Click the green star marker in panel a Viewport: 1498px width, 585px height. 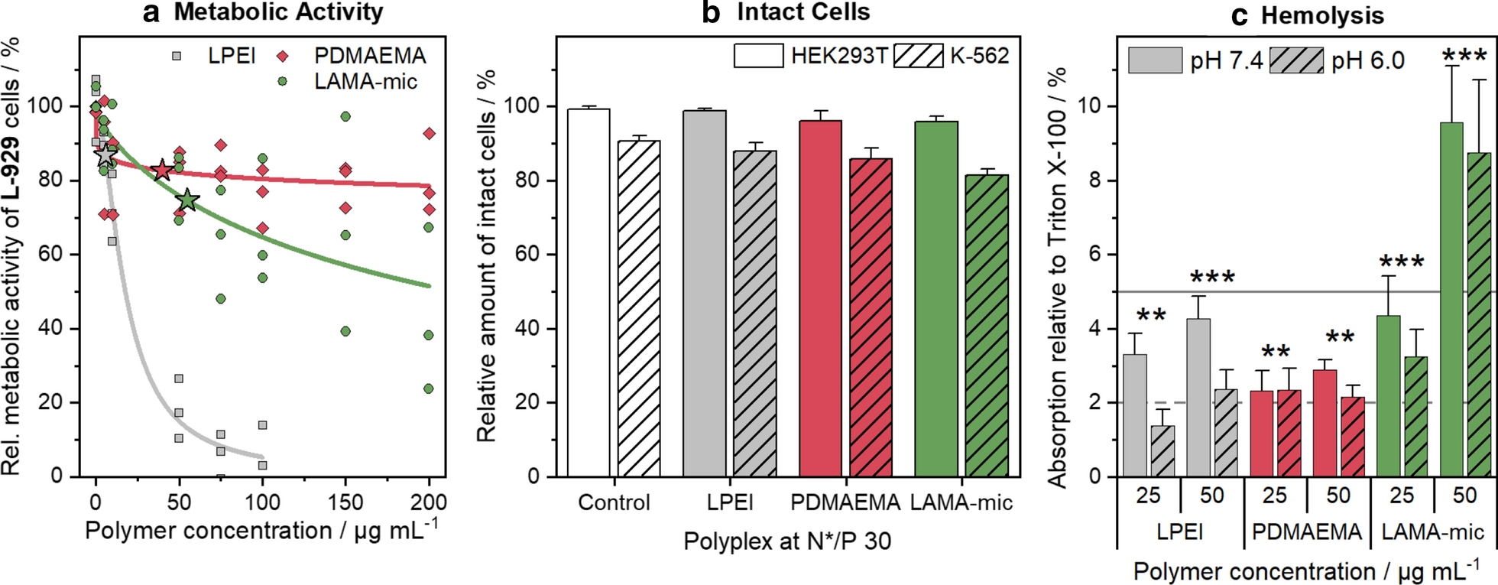pyautogui.click(x=187, y=201)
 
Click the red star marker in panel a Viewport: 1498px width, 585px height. pyautogui.click(x=161, y=171)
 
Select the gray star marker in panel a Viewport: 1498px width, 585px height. pyautogui.click(x=105, y=155)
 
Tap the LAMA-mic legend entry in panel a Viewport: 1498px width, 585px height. pyautogui.click(x=365, y=82)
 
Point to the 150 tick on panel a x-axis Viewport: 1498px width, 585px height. pyautogui.click(x=345, y=502)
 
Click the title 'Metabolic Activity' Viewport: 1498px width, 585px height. pyautogui.click(x=278, y=12)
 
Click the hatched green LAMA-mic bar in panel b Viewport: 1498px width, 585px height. pyautogui.click(x=987, y=325)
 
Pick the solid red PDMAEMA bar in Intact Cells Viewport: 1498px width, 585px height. pyautogui.click(x=820, y=298)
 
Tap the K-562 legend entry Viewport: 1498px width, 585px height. pyautogui.click(x=979, y=56)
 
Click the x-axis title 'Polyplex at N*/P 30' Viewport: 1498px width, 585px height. pyautogui.click(x=786, y=541)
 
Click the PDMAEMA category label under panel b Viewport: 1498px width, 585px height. pyautogui.click(x=845, y=503)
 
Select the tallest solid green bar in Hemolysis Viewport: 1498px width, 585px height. pyautogui.click(x=1451, y=299)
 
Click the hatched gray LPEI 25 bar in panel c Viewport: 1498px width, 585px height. pyautogui.click(x=1162, y=451)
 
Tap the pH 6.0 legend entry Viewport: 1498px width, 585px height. pyautogui.click(x=1367, y=61)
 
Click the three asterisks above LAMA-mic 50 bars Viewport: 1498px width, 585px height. pyautogui.click(x=1464, y=57)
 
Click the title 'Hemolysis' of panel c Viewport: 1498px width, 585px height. pyautogui.click(x=1321, y=16)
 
